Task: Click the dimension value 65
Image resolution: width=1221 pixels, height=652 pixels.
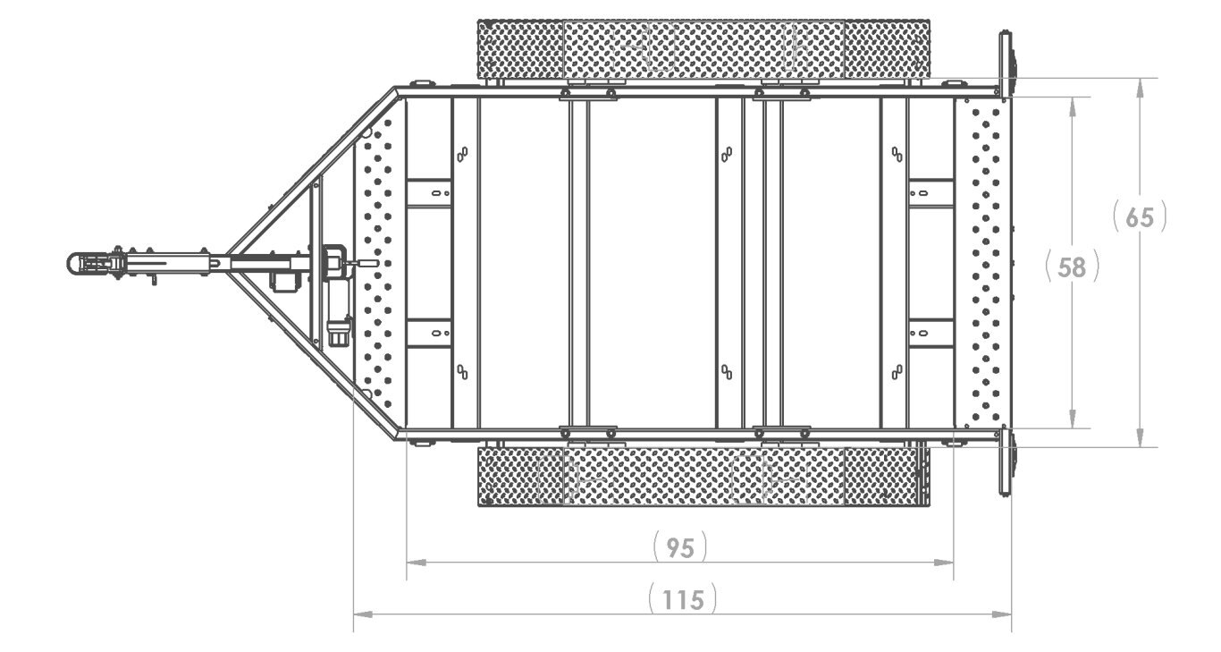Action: click(x=1140, y=217)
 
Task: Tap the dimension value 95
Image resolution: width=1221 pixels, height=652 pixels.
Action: click(x=680, y=548)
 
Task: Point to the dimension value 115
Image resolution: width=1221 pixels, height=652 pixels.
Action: click(x=683, y=600)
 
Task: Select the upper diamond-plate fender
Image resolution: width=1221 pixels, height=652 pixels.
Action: click(x=703, y=49)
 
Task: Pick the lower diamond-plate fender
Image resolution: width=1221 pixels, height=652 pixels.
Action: click(x=703, y=477)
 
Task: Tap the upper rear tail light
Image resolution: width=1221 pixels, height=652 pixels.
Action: click(x=1006, y=64)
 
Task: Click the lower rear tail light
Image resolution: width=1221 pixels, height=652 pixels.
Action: click(x=1006, y=461)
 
